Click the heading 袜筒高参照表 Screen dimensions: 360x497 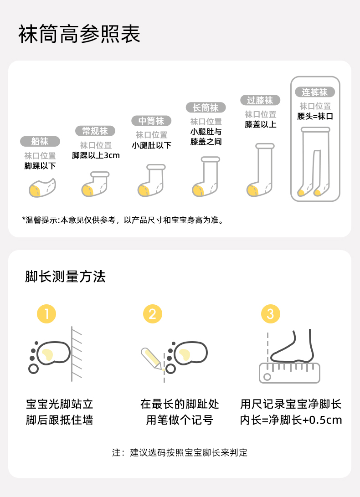(x=79, y=34)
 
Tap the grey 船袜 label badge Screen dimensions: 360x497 (x=40, y=141)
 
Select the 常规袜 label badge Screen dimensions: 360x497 (x=95, y=131)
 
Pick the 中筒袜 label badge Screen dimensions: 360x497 (x=151, y=121)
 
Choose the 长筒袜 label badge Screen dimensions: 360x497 (x=206, y=108)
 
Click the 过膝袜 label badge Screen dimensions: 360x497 (x=260, y=100)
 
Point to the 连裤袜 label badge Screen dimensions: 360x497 (x=314, y=92)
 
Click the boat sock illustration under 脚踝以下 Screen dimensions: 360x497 (x=42, y=188)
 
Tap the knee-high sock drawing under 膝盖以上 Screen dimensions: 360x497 (x=260, y=170)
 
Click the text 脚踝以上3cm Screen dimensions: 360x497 (x=96, y=155)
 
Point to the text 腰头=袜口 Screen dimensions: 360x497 (x=315, y=116)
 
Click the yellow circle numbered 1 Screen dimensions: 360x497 (x=46, y=314)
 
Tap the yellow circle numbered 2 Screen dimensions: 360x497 (x=153, y=314)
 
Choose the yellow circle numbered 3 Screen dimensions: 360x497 (x=271, y=314)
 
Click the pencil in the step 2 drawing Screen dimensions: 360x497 (x=152, y=359)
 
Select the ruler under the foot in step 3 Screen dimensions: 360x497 (x=289, y=373)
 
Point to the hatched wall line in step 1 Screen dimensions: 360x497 (x=72, y=354)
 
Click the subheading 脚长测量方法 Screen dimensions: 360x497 (x=65, y=277)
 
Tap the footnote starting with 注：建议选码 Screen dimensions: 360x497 (x=180, y=453)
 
